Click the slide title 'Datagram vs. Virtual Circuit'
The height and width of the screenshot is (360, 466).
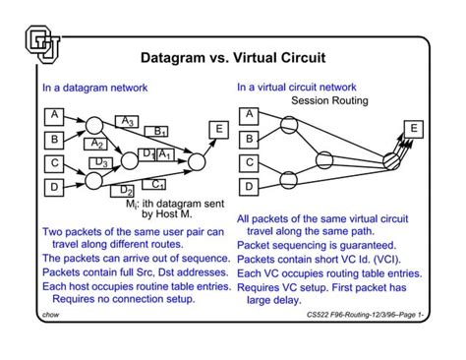232,59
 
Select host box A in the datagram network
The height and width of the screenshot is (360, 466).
55,116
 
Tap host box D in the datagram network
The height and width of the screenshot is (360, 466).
55,185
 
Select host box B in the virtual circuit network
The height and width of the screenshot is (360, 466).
250,139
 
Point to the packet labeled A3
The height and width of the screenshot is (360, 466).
127,121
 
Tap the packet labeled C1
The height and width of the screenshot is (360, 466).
157,183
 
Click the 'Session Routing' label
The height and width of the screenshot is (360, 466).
328,100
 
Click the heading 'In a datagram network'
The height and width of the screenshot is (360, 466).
94,87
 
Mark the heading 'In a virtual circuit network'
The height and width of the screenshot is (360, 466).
296,87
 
